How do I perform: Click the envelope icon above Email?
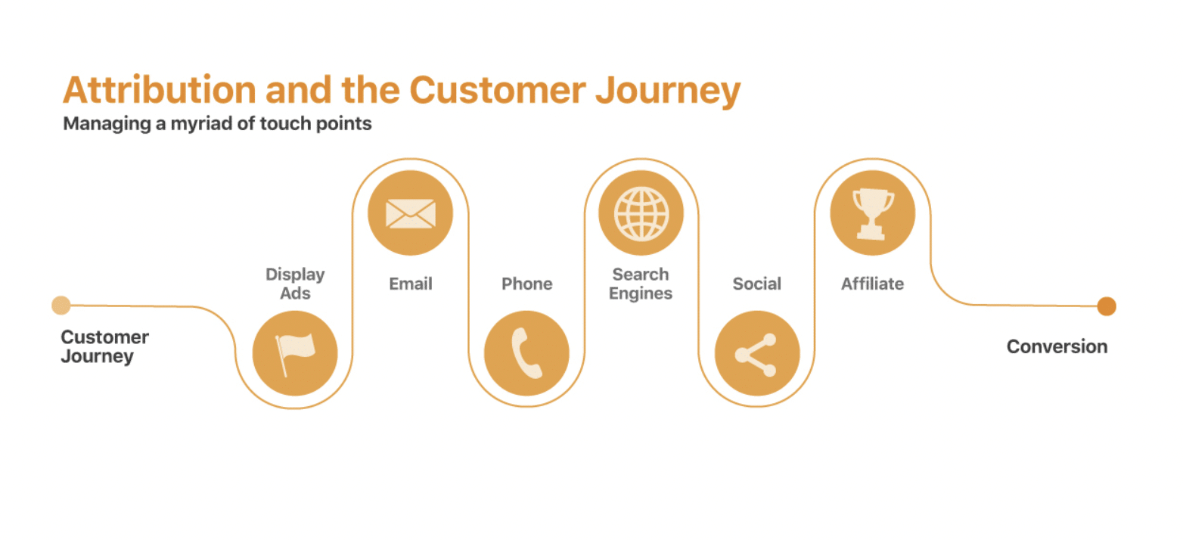(410, 213)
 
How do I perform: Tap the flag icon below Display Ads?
(294, 354)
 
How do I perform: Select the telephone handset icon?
(526, 354)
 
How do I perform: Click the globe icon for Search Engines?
(641, 213)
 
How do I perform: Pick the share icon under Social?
(756, 354)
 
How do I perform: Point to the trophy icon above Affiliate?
(872, 213)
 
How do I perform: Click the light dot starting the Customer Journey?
(61, 306)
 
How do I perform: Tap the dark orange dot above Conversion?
(1107, 306)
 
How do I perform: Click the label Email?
(410, 284)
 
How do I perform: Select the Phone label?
(526, 284)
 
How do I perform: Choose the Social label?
(756, 284)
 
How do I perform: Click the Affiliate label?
(872, 284)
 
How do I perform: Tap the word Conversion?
(1057, 346)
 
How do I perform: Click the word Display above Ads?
(295, 274)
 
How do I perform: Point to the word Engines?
(641, 293)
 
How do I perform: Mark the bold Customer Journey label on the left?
(104, 346)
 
